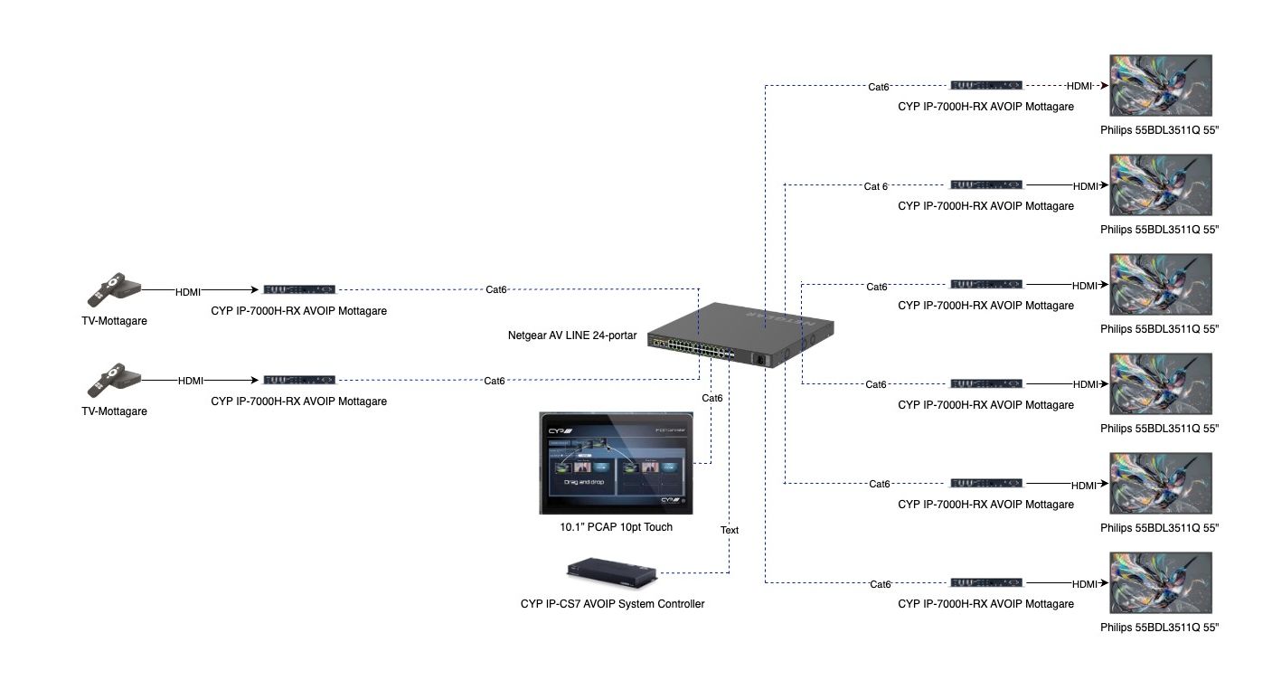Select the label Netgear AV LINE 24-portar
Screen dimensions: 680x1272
point(572,335)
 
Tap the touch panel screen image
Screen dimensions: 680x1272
point(616,463)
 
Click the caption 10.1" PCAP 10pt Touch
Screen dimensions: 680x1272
point(616,527)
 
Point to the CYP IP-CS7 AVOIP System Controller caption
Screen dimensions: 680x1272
point(612,604)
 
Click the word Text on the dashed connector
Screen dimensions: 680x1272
point(730,530)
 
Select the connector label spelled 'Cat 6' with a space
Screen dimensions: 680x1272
point(875,186)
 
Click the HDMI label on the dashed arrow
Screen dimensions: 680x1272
point(1079,86)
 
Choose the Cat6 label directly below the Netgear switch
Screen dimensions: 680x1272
point(712,398)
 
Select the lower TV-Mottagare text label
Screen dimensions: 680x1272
point(114,411)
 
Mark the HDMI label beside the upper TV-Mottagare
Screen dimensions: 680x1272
point(188,291)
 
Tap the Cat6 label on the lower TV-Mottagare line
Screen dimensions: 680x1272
point(495,381)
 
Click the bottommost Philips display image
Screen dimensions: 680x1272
point(1160,583)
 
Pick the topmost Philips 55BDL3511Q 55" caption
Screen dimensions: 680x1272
point(1160,130)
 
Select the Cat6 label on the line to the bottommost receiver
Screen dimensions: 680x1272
point(881,584)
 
